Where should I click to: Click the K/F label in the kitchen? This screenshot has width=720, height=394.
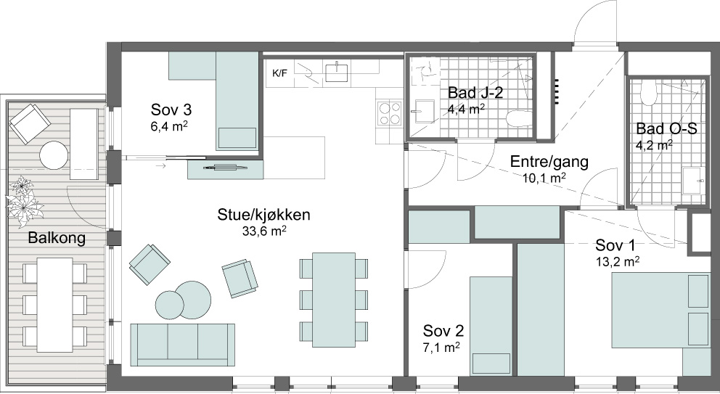279,73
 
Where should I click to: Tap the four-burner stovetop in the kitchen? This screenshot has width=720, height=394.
389,113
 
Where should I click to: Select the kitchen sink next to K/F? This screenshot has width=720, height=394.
336,72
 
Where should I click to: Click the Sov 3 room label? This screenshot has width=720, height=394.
171,110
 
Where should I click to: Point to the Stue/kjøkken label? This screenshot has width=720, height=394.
263,215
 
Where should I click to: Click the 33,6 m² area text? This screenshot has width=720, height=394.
264,231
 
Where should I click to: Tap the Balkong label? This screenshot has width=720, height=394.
57,238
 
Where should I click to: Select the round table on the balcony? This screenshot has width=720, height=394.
54,155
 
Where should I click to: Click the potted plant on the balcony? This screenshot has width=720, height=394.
23,202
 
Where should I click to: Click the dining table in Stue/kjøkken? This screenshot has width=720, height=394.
334,300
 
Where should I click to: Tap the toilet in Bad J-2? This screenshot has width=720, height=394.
518,118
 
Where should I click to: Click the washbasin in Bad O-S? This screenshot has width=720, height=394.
693,181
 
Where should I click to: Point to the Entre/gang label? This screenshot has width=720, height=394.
549,162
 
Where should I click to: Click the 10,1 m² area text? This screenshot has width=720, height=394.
544,177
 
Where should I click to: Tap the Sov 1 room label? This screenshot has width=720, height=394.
615,245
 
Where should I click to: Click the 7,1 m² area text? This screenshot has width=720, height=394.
441,347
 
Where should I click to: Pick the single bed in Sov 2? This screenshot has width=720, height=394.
491,325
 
